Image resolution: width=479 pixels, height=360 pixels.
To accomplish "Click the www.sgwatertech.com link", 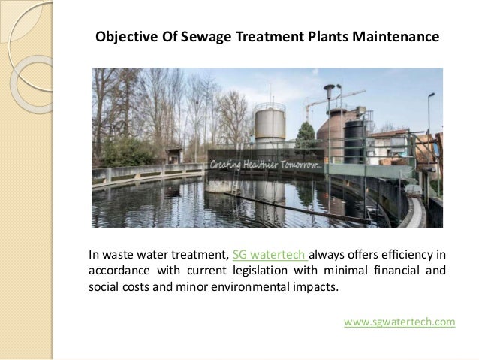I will pos(399,322).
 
